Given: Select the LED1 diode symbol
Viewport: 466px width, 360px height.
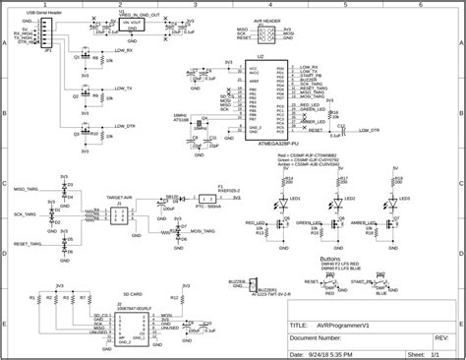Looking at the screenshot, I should tap(286, 200).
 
